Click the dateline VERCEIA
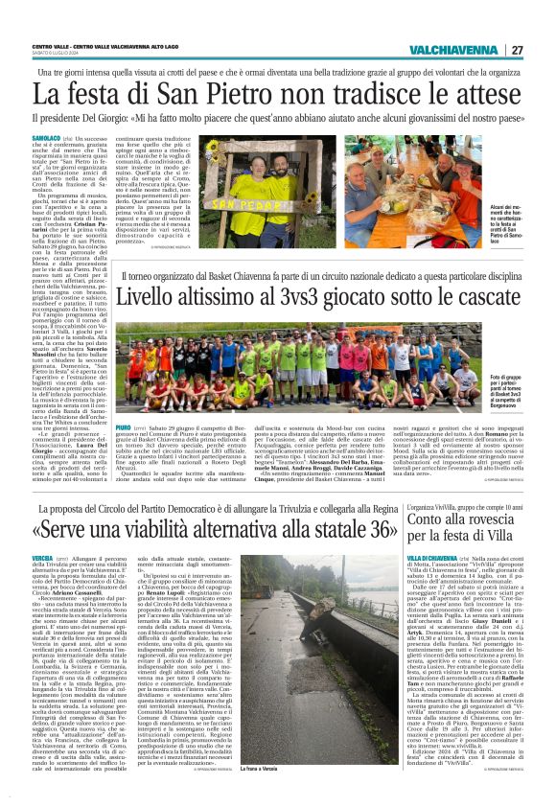click(x=42, y=557)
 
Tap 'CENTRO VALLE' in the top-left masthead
click(x=49, y=45)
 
